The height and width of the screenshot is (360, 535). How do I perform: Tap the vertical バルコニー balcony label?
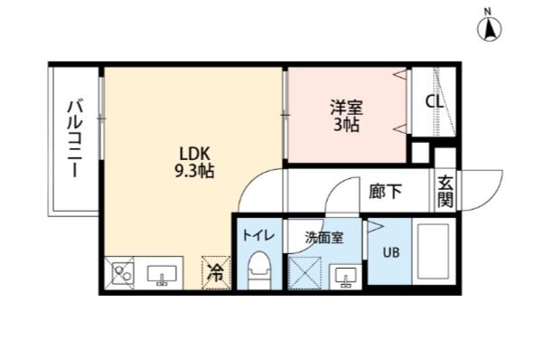76,140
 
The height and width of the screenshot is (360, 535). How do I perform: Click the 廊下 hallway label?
386,192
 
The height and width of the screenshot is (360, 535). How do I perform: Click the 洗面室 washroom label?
323,238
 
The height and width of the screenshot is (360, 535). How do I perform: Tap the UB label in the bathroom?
390,252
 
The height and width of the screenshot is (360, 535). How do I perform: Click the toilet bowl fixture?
258,270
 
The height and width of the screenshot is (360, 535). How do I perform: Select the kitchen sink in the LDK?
162,272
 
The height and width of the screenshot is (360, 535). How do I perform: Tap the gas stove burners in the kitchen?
121,272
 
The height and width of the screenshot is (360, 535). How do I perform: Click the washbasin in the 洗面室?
343,274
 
